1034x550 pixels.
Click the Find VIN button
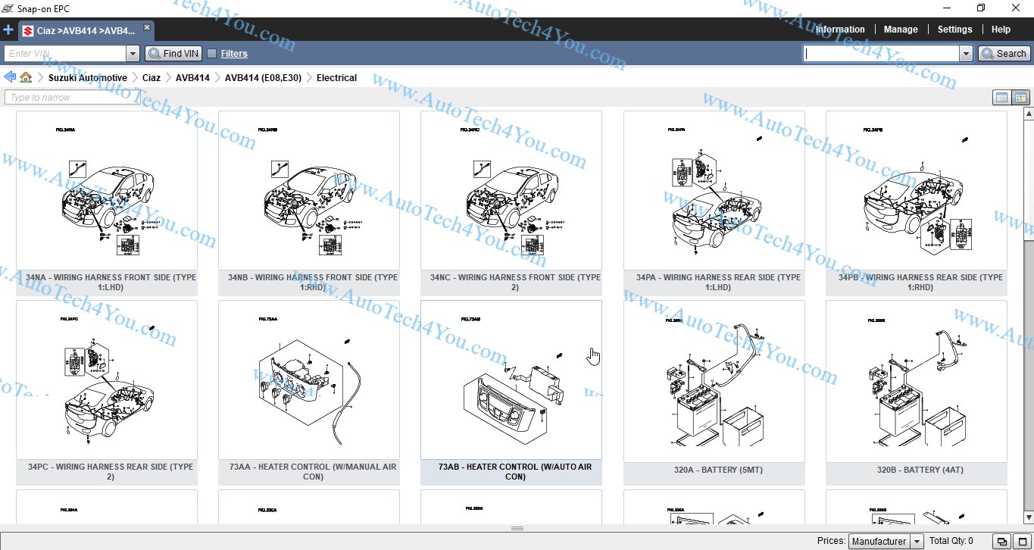[x=173, y=54]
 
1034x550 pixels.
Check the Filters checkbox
[x=212, y=54]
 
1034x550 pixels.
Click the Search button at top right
[x=1004, y=54]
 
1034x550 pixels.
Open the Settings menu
[x=954, y=30]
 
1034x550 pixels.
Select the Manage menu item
[x=901, y=30]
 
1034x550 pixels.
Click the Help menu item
[x=1001, y=30]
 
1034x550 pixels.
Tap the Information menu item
[x=840, y=30]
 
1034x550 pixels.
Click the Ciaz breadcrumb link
[x=151, y=78]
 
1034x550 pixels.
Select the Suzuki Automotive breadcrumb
[x=87, y=78]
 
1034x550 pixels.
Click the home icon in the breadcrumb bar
[x=26, y=77]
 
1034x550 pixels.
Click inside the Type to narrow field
[x=72, y=98]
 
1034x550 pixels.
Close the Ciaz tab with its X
[x=147, y=28]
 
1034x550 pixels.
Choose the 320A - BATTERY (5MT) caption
[x=714, y=470]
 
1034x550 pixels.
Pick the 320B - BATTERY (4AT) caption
[x=916, y=470]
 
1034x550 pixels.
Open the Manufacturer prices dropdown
[x=886, y=541]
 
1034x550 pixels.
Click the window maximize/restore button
[x=981, y=8]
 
